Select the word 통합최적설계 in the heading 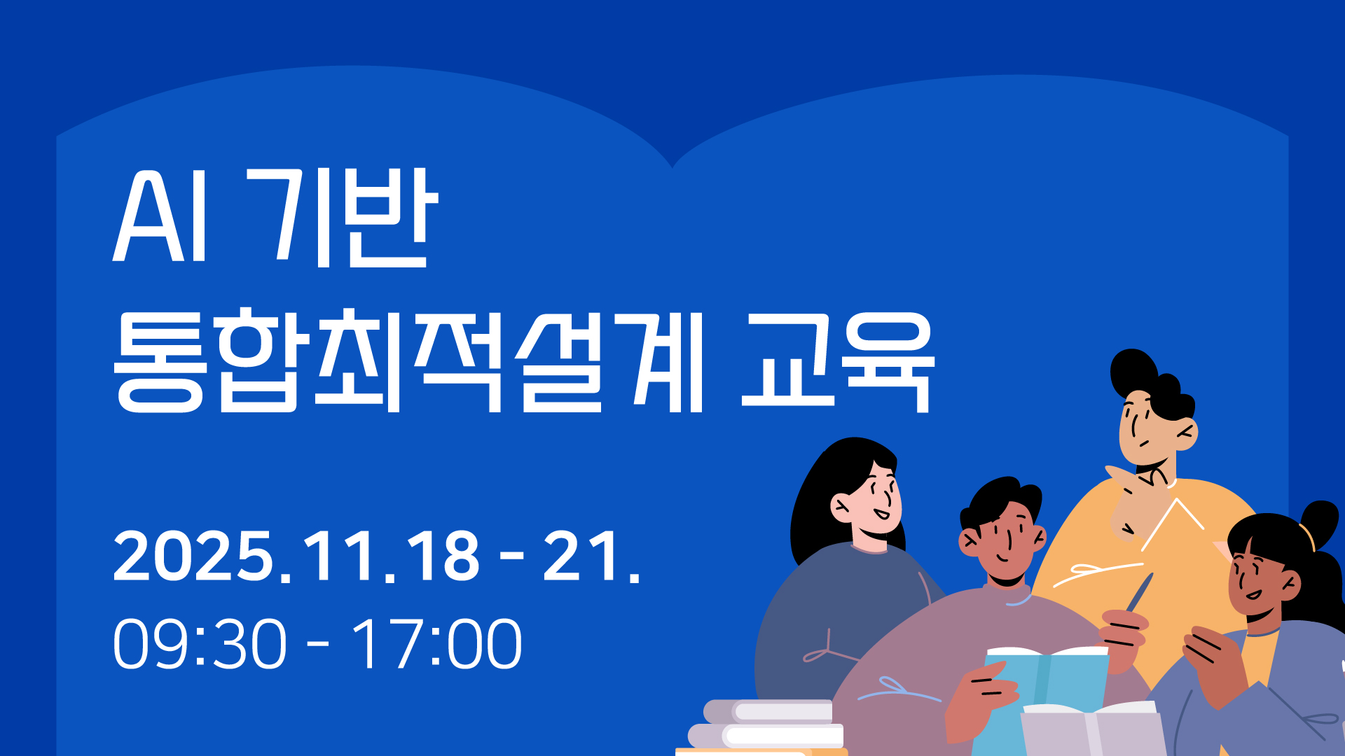click(408, 360)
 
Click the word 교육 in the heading click(838, 362)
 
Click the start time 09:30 click(200, 643)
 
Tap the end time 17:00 click(436, 643)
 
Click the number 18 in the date click(444, 556)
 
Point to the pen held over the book click(1139, 592)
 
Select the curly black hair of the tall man click(1152, 384)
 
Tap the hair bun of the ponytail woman click(1320, 521)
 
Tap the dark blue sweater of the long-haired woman click(834, 623)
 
